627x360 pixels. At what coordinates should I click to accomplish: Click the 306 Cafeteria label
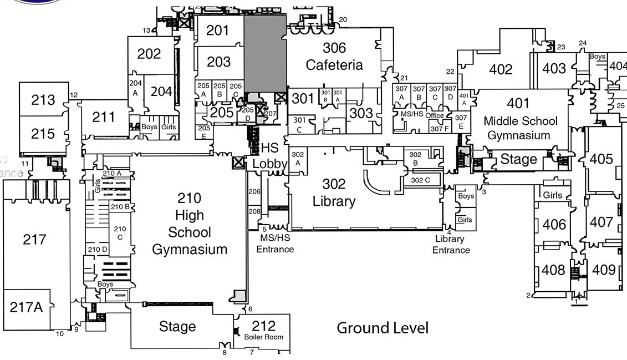(334, 57)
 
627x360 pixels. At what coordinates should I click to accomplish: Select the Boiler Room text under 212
(263, 337)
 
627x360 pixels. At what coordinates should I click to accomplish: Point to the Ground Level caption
(383, 328)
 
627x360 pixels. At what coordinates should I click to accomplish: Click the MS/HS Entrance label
(275, 243)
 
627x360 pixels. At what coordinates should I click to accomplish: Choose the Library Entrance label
(451, 244)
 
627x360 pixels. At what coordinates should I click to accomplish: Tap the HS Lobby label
(269, 156)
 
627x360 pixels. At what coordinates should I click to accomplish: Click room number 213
(43, 100)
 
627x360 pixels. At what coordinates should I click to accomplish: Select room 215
(43, 134)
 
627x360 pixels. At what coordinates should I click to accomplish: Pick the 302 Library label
(334, 192)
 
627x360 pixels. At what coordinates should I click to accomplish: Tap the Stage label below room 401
(518, 160)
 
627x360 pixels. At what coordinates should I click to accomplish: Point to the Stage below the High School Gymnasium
(177, 326)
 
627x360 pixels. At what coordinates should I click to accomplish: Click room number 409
(604, 270)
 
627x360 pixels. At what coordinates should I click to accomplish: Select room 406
(554, 224)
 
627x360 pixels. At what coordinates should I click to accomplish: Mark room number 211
(104, 117)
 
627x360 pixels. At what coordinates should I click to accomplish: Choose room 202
(149, 54)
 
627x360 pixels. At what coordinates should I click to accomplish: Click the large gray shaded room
(266, 53)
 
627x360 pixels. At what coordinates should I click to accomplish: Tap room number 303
(361, 113)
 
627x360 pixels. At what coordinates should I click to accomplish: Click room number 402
(501, 69)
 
